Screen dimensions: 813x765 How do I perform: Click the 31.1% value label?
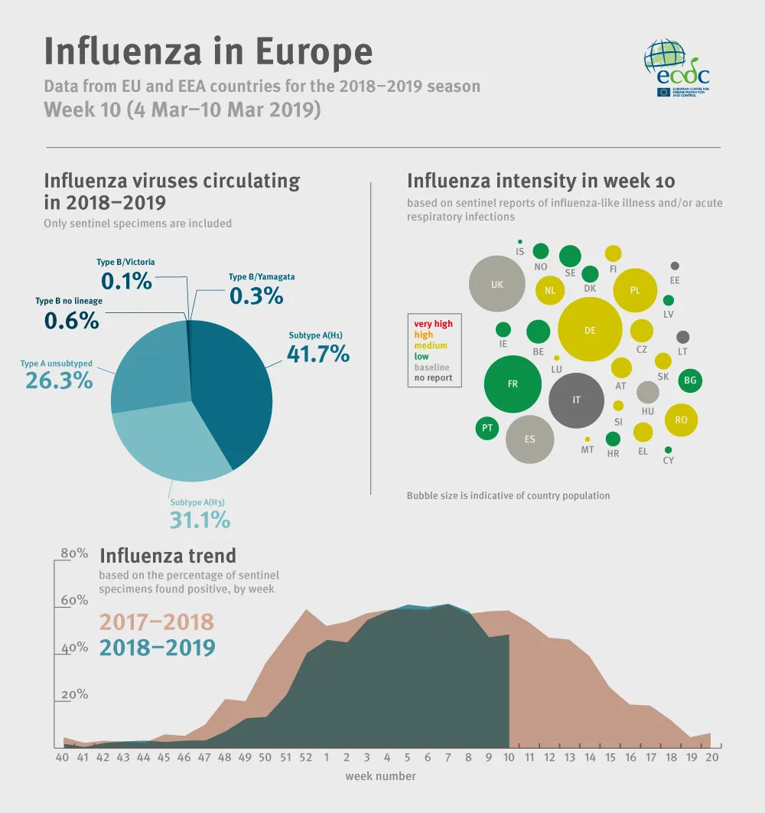coord(199,521)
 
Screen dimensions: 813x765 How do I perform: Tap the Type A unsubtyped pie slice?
coord(149,367)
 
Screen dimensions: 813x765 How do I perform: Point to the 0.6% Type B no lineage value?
coord(71,320)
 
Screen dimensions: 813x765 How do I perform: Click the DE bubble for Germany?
coord(589,330)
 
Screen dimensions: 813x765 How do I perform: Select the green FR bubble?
coord(513,384)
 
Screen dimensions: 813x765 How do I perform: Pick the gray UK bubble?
coord(497,284)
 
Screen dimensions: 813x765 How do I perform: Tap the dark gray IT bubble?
coord(577,400)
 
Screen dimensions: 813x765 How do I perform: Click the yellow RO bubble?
coord(681,420)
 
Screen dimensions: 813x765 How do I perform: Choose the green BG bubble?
coord(690,380)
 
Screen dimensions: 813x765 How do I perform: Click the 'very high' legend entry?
coord(433,324)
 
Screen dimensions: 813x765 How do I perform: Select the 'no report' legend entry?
coord(433,377)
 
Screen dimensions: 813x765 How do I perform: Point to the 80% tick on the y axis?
coord(74,553)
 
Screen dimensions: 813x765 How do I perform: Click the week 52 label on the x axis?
coord(305,758)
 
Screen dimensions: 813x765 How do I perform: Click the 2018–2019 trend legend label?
coord(157,648)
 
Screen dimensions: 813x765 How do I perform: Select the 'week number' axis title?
coord(380,776)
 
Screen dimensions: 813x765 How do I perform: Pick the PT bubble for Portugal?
coord(487,428)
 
